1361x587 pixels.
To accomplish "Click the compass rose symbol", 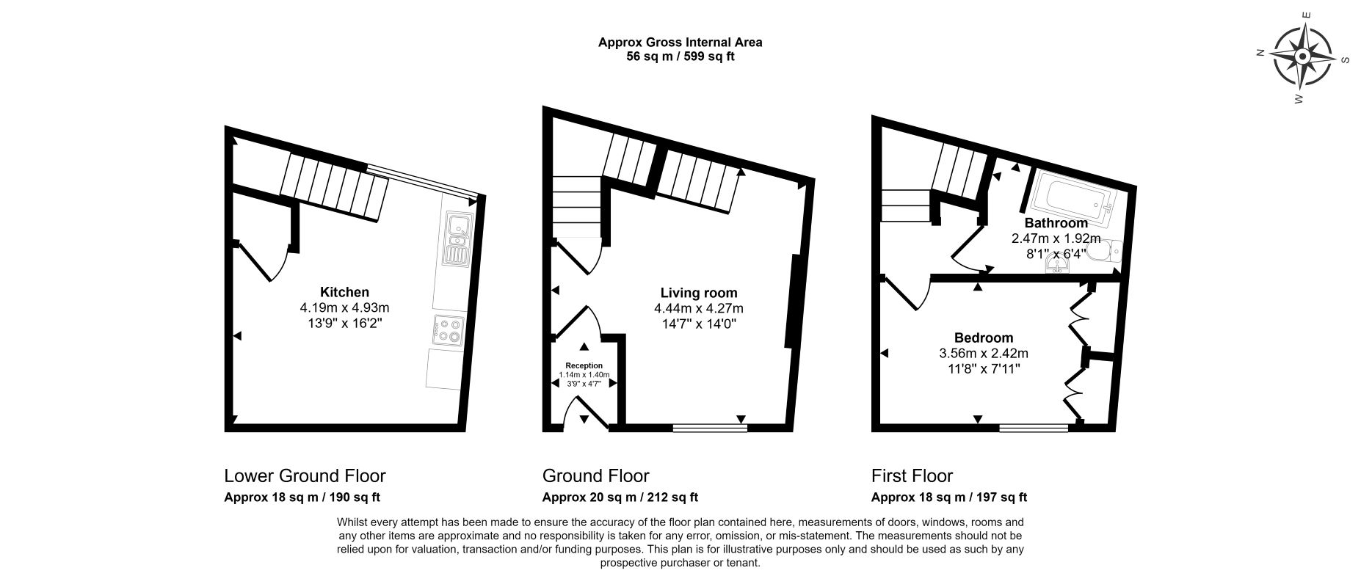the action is (1302, 56).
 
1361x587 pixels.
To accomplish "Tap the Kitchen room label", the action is (344, 292).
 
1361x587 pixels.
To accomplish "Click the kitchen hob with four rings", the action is (448, 329).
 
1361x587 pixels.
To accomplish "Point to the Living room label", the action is (699, 293).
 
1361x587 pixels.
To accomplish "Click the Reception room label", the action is (584, 365).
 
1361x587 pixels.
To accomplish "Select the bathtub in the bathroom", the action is (1074, 197).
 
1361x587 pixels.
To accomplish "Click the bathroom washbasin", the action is (1058, 266).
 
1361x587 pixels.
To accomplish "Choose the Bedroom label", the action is (984, 338).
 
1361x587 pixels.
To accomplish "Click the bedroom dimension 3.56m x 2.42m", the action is (984, 353).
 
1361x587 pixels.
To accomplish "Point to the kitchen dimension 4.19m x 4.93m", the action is (344, 307).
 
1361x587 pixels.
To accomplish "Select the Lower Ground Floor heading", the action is (305, 475).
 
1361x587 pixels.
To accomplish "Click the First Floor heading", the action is (912, 475).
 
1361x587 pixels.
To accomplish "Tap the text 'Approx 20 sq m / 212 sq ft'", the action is (620, 497).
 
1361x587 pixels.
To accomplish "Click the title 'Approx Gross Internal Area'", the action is (680, 42).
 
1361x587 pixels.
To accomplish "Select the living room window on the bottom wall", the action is (710, 426).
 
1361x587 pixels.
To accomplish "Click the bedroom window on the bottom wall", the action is (1034, 426).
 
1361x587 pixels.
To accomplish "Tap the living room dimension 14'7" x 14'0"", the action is (699, 323).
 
